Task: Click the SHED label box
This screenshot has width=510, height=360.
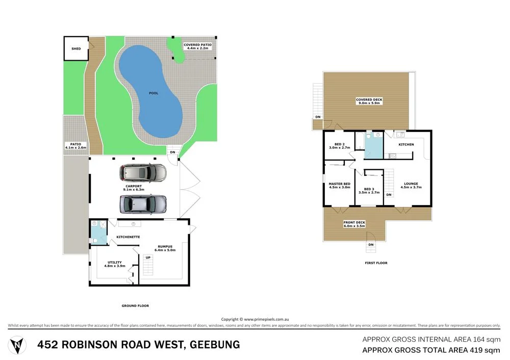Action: click(75, 49)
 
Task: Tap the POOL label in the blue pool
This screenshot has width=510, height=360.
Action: click(153, 93)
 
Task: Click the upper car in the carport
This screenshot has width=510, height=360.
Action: click(143, 173)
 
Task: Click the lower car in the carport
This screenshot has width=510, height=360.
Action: click(143, 204)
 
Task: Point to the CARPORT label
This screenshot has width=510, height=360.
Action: click(135, 188)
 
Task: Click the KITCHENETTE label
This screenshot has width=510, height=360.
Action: click(128, 237)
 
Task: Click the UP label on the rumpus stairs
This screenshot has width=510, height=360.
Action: click(148, 258)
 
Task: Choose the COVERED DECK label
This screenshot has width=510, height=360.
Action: click(370, 101)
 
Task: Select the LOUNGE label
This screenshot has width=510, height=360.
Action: click(411, 185)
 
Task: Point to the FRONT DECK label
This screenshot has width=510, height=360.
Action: click(354, 223)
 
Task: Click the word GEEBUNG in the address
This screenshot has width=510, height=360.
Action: click(214, 345)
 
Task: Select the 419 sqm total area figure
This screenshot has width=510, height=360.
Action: click(484, 350)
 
